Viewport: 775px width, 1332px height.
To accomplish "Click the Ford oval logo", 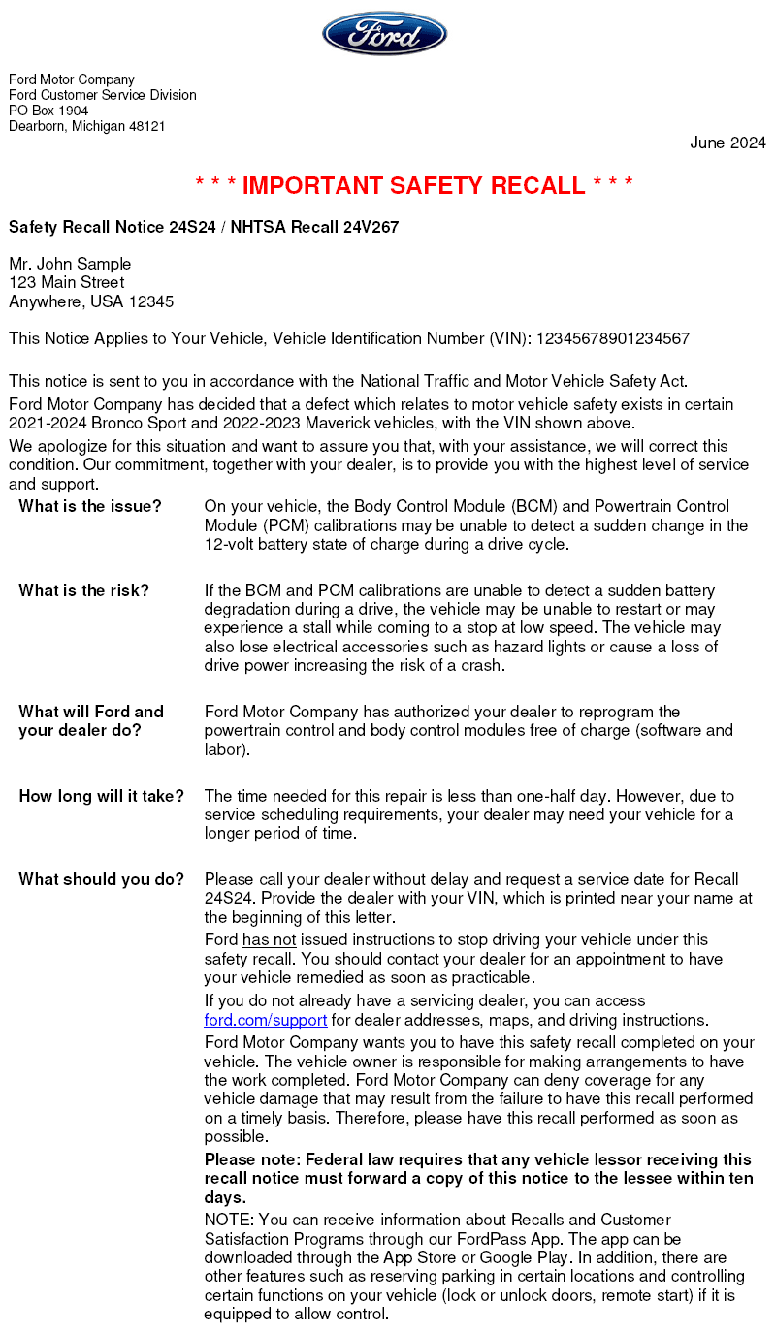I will pos(384,34).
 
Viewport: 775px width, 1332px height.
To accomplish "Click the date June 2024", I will pos(727,143).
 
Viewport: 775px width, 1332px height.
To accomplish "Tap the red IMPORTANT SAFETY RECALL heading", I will pos(414,185).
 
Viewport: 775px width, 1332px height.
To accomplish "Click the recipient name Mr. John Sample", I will pos(70,264).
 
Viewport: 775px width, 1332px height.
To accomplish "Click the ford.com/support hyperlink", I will pos(265,1020).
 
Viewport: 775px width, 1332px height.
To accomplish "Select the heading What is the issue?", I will pos(90,506).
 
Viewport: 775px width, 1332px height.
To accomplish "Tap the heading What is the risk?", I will pos(84,590).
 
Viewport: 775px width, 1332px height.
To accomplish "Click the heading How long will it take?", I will pos(102,796).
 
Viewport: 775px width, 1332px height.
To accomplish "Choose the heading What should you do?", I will pos(102,879).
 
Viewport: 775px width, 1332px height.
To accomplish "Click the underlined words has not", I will pos(269,939).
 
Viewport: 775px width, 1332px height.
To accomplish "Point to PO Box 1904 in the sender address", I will pos(48,111).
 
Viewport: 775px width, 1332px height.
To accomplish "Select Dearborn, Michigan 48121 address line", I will pos(87,126).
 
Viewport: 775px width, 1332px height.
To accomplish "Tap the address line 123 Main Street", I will pos(67,282).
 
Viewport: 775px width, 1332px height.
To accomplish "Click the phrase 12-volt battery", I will pos(254,544).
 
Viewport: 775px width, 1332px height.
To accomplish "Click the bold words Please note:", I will pos(251,1159).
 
